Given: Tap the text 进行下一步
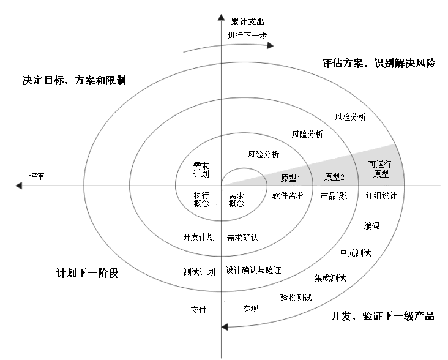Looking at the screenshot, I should click(x=247, y=36).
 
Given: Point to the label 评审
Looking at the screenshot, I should click(x=37, y=176).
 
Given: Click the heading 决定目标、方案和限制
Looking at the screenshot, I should click(x=73, y=80).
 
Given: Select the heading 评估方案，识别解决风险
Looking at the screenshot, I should click(x=379, y=63).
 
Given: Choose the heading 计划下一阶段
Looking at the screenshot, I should click(x=87, y=274).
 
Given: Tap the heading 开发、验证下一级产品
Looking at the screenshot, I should click(x=383, y=316).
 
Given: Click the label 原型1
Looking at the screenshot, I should click(x=292, y=178).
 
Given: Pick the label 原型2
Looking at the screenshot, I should click(x=335, y=178).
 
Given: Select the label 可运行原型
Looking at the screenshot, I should click(x=380, y=169).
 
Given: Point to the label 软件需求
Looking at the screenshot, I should click(x=288, y=196).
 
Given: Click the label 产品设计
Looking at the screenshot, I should click(x=336, y=196).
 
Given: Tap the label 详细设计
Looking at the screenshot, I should click(x=382, y=196).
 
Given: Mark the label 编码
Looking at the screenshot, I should click(x=371, y=227).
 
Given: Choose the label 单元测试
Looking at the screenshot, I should click(x=356, y=253).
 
